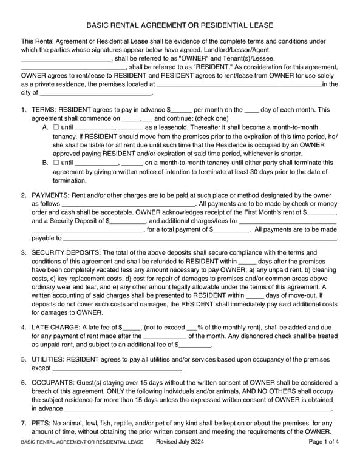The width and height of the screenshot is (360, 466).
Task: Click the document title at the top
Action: [180, 25]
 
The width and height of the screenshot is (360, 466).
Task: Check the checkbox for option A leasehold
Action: [56, 127]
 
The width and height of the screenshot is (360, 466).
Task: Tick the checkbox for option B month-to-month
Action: [56, 163]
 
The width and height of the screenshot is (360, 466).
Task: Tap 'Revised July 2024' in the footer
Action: [180, 442]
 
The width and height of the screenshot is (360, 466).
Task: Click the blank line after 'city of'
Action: [96, 94]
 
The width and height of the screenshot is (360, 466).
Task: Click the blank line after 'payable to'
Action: [200, 239]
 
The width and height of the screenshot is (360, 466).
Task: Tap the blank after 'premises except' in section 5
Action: [117, 368]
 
